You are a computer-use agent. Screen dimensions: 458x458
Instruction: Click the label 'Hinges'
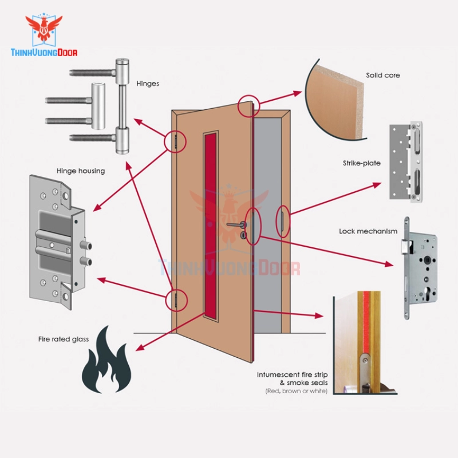[x=148, y=84]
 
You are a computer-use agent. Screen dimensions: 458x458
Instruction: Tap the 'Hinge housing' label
[x=81, y=171]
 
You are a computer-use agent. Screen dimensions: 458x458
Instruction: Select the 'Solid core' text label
[x=383, y=75]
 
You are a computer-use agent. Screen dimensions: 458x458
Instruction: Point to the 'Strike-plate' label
[x=362, y=164]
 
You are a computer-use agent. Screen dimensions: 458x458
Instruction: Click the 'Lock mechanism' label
[x=368, y=231]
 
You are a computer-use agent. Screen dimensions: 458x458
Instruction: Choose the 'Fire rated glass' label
[x=64, y=339]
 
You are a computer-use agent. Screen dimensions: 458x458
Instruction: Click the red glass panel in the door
[x=211, y=223]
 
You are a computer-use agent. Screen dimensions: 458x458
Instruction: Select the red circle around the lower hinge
[x=176, y=299]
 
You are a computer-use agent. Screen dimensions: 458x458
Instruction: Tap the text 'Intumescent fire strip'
[x=292, y=375]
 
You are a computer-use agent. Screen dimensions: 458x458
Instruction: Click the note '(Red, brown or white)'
[x=295, y=391]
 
